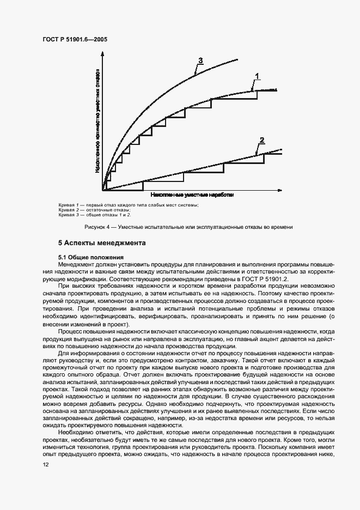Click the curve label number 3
[x=200, y=60]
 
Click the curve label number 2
[x=261, y=141]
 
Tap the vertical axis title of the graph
[x=97, y=120]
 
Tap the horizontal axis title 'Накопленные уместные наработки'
[x=188, y=194]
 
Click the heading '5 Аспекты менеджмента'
[x=102, y=243]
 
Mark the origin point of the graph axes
[x=103, y=191]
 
